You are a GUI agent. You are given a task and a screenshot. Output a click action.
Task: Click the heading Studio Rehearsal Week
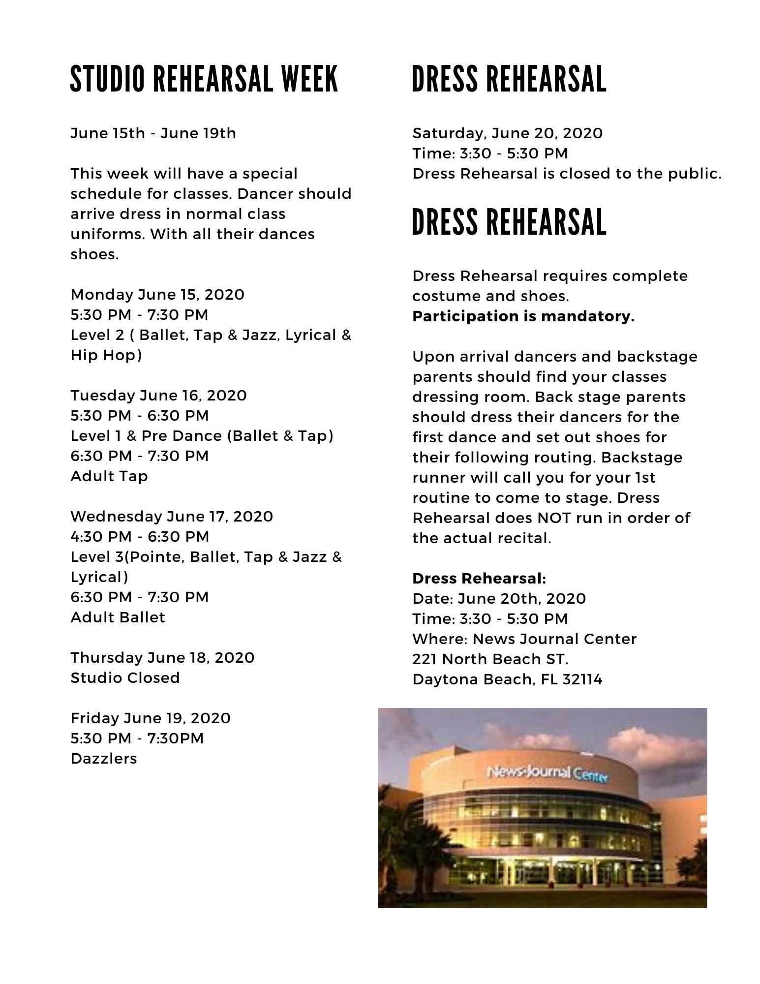204,79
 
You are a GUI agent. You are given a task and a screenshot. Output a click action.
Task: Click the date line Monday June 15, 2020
157,295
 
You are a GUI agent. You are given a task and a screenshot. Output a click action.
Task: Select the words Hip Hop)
106,355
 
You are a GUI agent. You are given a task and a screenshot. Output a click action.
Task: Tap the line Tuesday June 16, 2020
158,396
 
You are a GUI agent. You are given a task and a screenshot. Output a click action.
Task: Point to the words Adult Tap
109,476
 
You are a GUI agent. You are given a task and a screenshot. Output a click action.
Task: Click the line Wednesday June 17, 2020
172,517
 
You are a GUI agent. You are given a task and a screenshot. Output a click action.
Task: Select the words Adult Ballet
118,617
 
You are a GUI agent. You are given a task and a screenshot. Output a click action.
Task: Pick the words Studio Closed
125,678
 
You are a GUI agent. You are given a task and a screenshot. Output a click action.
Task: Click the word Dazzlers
104,759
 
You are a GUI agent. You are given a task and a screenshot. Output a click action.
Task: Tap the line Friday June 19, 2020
151,718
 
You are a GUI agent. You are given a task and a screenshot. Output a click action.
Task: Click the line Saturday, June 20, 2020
507,133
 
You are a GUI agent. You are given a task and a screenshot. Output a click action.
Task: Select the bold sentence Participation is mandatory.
523,316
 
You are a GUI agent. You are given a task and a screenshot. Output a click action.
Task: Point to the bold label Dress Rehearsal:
479,579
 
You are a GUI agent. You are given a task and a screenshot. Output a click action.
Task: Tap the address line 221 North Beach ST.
490,659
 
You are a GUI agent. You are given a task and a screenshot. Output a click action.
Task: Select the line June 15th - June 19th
153,133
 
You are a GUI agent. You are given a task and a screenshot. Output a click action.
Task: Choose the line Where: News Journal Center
524,639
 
